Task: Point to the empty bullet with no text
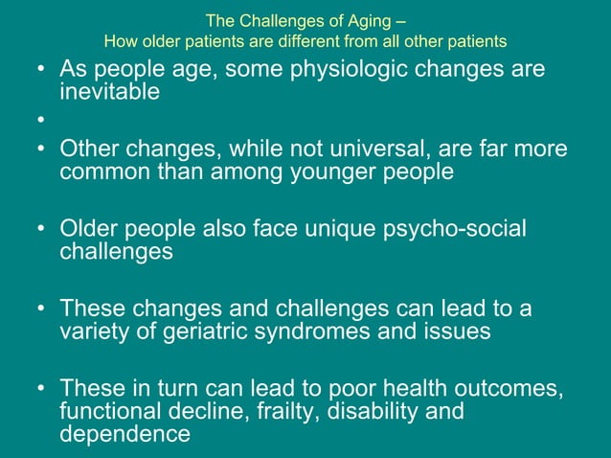click(37, 122)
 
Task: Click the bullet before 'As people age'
click(37, 71)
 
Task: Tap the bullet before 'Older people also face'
click(37, 231)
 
